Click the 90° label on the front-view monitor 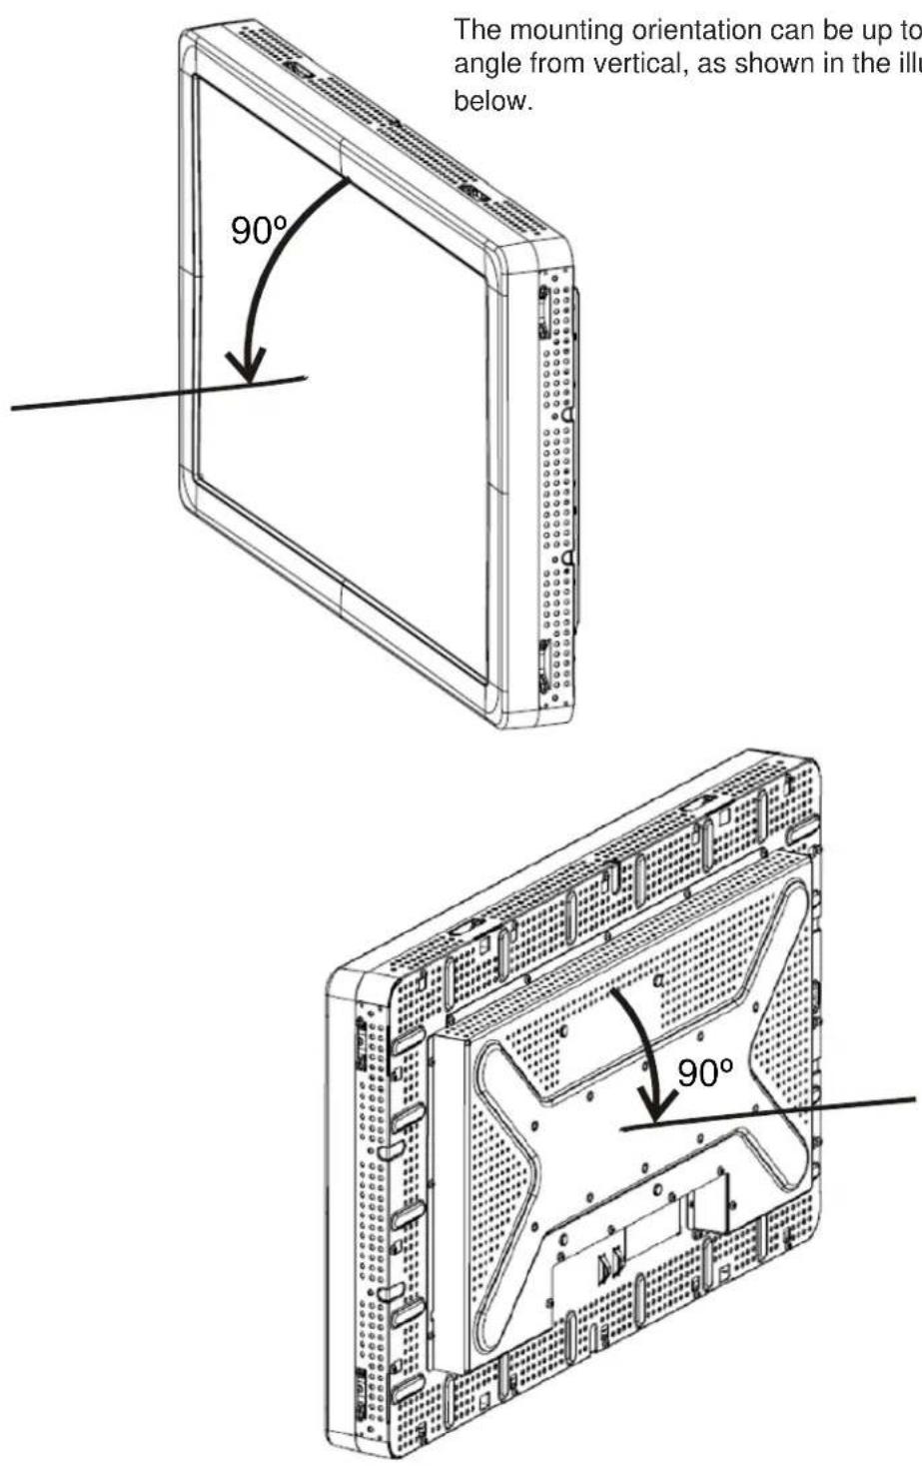point(260,231)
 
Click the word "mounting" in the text point(563,31)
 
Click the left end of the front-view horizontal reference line point(12,409)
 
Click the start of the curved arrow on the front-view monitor point(348,181)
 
